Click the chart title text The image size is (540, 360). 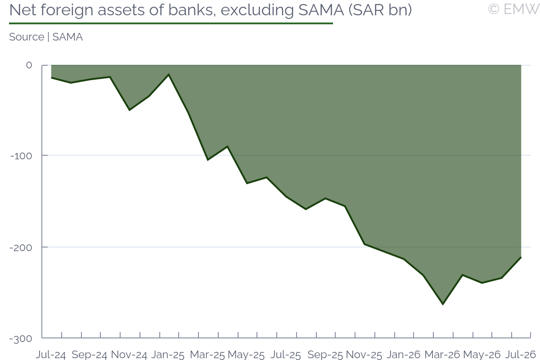pyautogui.click(x=211, y=10)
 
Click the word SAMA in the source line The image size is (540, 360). pyautogui.click(x=67, y=37)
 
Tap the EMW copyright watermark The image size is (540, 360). pyautogui.click(x=513, y=9)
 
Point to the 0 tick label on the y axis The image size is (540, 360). pyautogui.click(x=29, y=65)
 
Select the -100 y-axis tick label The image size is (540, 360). pyautogui.click(x=21, y=156)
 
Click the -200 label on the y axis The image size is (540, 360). pyautogui.click(x=21, y=247)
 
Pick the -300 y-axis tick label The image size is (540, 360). pyautogui.click(x=21, y=339)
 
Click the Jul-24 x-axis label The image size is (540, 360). pyautogui.click(x=51, y=355)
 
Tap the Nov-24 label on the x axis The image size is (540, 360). pyautogui.click(x=129, y=355)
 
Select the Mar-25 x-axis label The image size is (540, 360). pyautogui.click(x=207, y=355)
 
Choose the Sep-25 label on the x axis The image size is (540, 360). pyautogui.click(x=325, y=355)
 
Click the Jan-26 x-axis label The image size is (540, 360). pyautogui.click(x=404, y=355)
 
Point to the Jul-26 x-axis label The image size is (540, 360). pyautogui.click(x=521, y=355)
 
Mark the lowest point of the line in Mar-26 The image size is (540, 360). pyautogui.click(x=443, y=304)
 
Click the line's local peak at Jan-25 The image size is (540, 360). pyautogui.click(x=169, y=75)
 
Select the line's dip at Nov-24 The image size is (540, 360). pyautogui.click(x=130, y=110)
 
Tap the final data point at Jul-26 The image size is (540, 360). pyautogui.click(x=521, y=257)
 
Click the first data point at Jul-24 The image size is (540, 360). pyautogui.click(x=52, y=78)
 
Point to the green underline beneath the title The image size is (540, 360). pyautogui.click(x=171, y=23)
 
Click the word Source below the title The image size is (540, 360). pyautogui.click(x=27, y=37)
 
